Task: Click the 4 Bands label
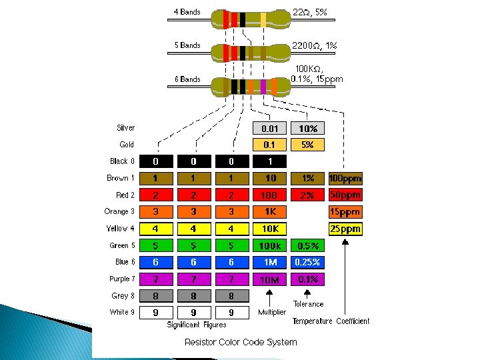(x=187, y=12)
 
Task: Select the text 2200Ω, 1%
(x=315, y=46)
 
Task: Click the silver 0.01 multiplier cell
(x=269, y=128)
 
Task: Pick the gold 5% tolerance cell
(x=307, y=145)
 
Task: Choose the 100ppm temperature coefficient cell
(x=345, y=179)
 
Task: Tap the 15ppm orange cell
(x=345, y=212)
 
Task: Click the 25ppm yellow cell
(x=345, y=229)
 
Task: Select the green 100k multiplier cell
(x=269, y=246)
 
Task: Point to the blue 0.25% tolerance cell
(x=307, y=263)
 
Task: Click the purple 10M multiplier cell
(x=269, y=279)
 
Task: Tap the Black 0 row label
(x=122, y=161)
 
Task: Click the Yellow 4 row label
(x=121, y=229)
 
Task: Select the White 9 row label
(x=122, y=312)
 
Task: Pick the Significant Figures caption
(x=196, y=325)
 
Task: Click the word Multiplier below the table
(x=271, y=312)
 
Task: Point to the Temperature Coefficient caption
(x=331, y=321)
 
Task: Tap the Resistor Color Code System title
(x=241, y=342)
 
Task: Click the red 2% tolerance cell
(x=307, y=195)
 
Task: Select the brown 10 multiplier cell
(x=269, y=179)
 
